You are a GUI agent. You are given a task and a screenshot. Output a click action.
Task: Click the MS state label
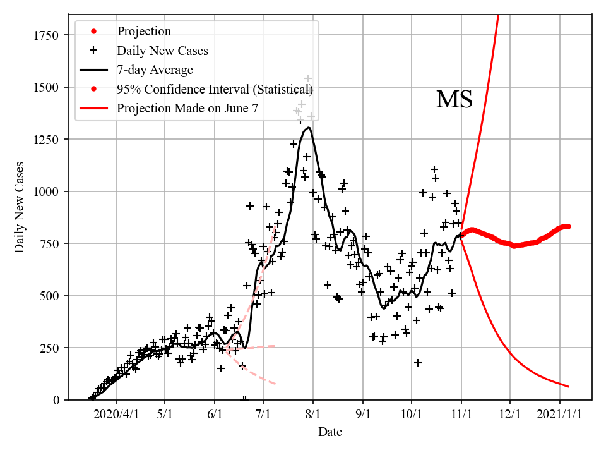454,99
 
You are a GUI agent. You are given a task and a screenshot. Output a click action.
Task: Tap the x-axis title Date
330,432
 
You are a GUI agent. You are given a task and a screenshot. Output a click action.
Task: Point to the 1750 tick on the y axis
47,35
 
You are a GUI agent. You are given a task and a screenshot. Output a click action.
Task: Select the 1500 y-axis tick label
47,87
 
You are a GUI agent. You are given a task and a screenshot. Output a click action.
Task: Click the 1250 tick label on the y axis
47,139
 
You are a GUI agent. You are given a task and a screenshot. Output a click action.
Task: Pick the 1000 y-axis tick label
47,191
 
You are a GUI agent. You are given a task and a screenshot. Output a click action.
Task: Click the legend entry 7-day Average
155,70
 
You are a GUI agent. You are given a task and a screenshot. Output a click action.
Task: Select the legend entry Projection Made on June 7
187,109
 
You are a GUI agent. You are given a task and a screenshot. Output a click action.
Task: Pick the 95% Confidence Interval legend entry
215,89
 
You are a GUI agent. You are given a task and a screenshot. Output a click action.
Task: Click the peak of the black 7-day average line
309,128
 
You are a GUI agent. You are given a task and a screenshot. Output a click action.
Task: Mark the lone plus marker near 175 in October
418,363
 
